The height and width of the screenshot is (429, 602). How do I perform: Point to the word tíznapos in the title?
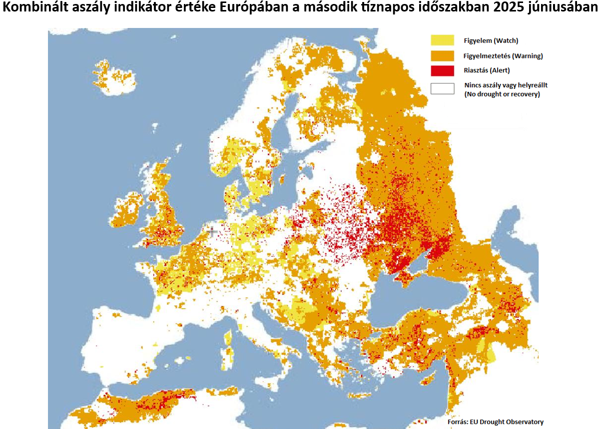pyautogui.click(x=376, y=9)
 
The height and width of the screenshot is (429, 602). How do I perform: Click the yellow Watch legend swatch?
pyautogui.click(x=442, y=40)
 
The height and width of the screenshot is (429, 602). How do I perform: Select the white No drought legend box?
pyautogui.click(x=442, y=89)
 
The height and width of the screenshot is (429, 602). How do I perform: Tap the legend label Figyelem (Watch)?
pyautogui.click(x=491, y=41)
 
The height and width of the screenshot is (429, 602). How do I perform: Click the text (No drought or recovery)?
pyautogui.click(x=502, y=94)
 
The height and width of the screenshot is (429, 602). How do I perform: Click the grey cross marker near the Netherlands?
pyautogui.click(x=212, y=231)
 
